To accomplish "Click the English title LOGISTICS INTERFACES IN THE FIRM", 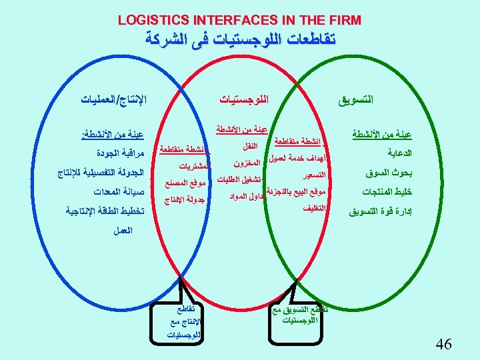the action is [x=239, y=20].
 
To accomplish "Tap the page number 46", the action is [x=443, y=344].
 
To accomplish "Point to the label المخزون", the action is [x=247, y=162].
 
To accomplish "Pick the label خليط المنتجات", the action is [x=386, y=193].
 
